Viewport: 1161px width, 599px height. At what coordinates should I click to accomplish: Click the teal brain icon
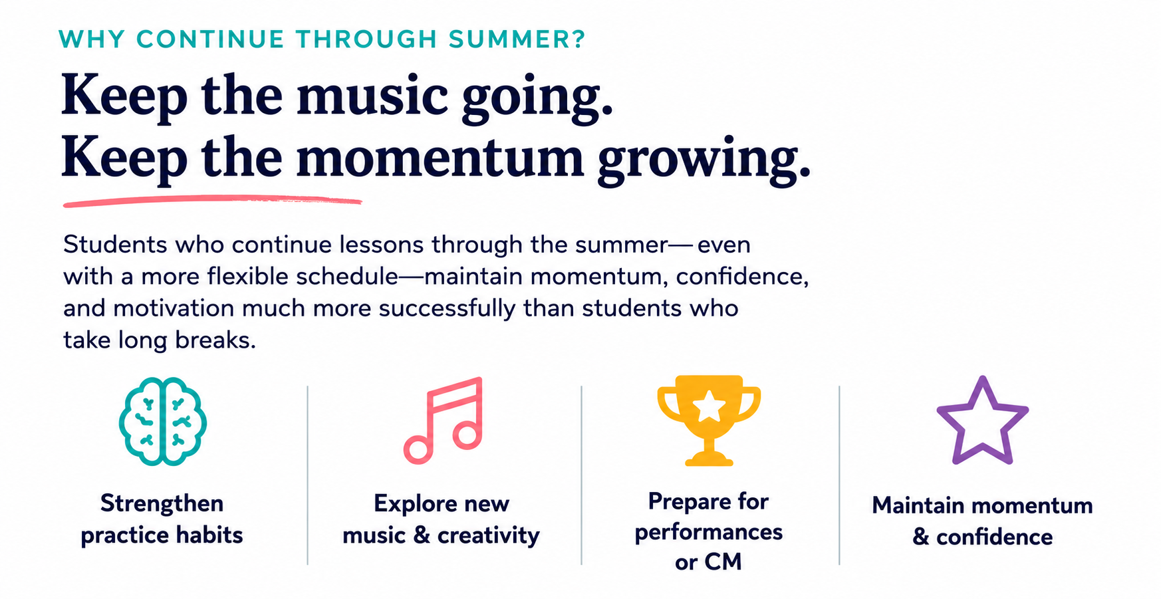coord(162,421)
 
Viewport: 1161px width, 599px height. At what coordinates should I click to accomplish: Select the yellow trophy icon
coord(709,420)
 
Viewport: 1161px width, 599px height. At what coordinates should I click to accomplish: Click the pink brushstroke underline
coord(212,201)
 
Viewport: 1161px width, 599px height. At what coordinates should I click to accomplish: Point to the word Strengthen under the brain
coord(162,503)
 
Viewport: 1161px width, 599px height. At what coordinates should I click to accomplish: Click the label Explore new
coord(442,503)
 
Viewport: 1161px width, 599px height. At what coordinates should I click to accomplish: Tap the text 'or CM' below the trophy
coord(708,562)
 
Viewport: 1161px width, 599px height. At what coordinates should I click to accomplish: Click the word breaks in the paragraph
coord(215,340)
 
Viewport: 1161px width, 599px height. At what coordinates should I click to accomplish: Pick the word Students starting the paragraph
coord(115,245)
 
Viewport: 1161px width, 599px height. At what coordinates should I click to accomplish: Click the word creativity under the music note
coord(488,536)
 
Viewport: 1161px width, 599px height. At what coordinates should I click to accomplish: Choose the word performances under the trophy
coord(708,533)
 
